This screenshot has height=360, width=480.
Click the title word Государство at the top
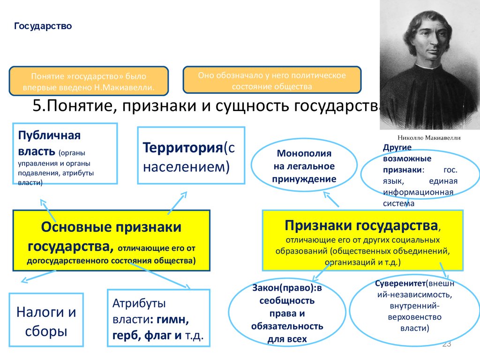[x=43, y=26]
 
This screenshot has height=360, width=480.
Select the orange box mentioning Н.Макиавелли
[x=89, y=81]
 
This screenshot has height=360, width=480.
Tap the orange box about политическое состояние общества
[x=272, y=80]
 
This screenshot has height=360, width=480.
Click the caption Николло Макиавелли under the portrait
[x=429, y=138]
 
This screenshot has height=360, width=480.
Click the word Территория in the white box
[x=183, y=148]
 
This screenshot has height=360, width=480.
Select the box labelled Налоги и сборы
[x=46, y=320]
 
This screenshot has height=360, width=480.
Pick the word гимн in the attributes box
[x=172, y=319]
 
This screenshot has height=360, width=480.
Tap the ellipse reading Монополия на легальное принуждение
[x=304, y=165]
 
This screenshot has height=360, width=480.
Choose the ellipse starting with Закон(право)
[x=287, y=313]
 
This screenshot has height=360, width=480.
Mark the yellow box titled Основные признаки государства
[x=112, y=240]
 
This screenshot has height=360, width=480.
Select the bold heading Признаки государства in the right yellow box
[x=361, y=225]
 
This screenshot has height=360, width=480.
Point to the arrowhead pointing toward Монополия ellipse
[x=327, y=195]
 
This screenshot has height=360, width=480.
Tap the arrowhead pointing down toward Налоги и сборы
[x=24, y=280]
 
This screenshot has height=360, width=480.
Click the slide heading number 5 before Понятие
[x=37, y=106]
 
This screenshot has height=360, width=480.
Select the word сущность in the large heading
[x=251, y=106]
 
